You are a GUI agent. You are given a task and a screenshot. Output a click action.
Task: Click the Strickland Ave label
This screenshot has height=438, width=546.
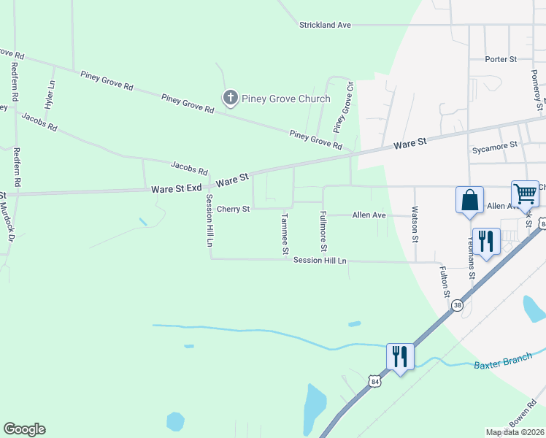pos(325,25)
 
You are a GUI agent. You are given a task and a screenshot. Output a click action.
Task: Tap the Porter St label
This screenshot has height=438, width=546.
pos(501,58)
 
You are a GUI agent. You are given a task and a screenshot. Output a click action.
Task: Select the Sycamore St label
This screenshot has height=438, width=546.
pos(494,146)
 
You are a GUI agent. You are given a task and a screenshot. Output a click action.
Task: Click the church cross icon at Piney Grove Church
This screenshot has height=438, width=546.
pos(230,98)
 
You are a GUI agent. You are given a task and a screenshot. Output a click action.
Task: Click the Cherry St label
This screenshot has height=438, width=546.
pos(234,210)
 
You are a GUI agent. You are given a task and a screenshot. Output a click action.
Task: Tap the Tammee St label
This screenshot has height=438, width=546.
pos(285,233)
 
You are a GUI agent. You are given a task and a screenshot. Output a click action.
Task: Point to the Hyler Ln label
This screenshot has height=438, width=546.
pos(50,95)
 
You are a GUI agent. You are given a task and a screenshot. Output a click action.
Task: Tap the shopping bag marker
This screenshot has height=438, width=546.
pos(469,200)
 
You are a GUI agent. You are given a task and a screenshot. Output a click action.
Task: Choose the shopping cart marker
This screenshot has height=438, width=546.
pos(525,194)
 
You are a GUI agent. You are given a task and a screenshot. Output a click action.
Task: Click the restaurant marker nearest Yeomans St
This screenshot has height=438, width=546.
pos(485,242)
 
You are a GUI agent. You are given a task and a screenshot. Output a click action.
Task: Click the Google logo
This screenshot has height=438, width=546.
pos(24,429)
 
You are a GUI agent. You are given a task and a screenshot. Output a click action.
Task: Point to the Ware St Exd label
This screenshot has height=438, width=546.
pos(176,188)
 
